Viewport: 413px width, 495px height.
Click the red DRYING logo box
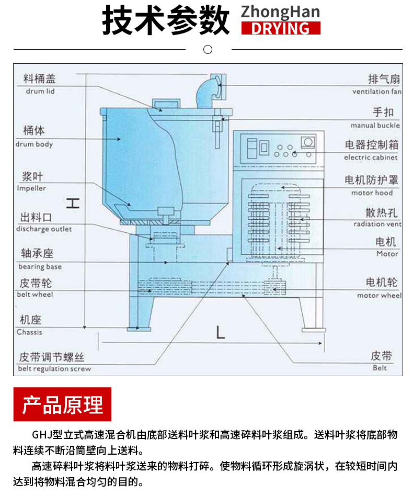pos(280,28)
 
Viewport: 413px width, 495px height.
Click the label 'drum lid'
pos(40,91)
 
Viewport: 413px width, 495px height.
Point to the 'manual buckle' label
pos(375,126)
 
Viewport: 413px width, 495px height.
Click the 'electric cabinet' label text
pos(371,157)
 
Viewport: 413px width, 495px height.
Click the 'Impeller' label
pos(31,188)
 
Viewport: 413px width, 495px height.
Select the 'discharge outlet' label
pos(44,229)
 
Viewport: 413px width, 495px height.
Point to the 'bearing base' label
pos(40,267)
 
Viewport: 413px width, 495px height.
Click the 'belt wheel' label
pos(35,295)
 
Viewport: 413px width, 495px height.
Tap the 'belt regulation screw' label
pos(54,369)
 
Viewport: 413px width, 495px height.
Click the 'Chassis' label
pos(29,332)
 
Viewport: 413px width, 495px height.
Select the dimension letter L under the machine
pos(220,332)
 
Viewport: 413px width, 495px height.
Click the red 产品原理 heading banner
pos(62,404)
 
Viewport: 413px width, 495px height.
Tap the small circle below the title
pos(208,50)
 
